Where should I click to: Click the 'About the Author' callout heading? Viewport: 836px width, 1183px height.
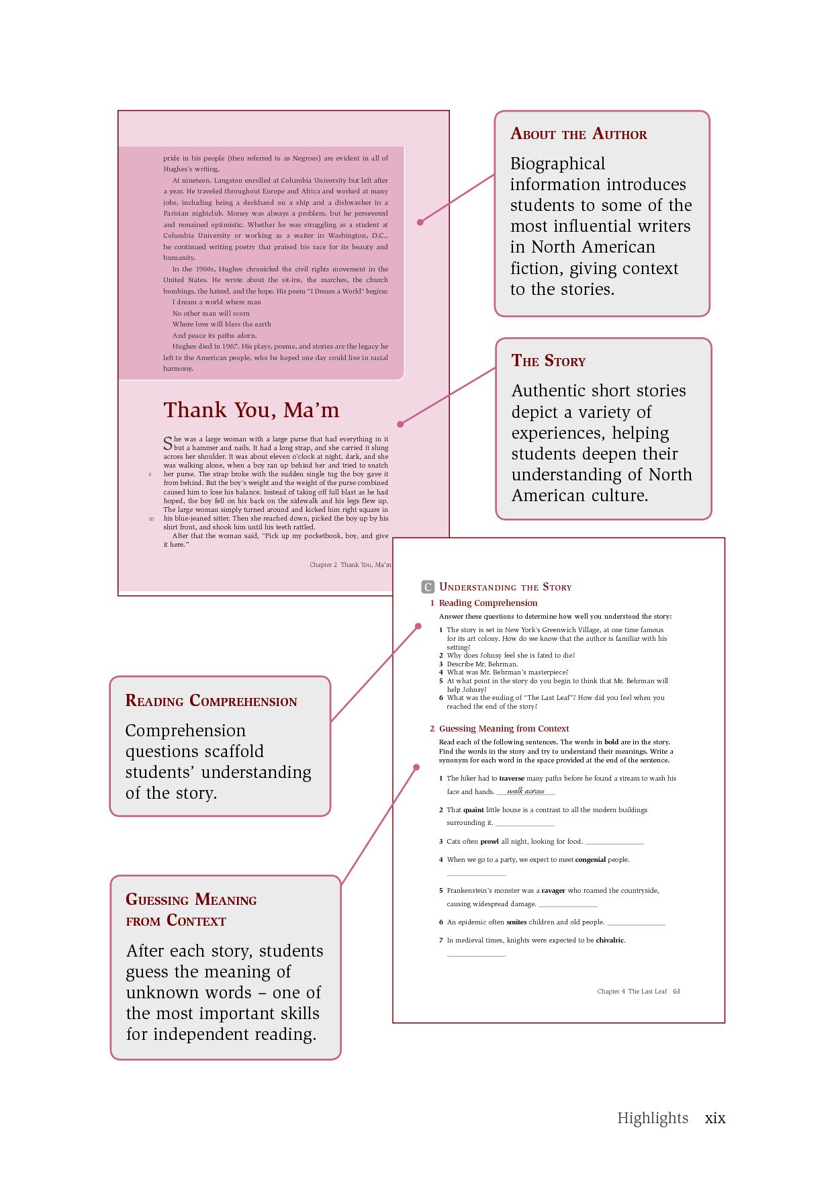click(578, 134)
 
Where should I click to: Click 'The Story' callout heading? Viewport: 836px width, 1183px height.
click(548, 361)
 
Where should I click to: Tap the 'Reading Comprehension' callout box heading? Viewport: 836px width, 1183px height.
click(211, 701)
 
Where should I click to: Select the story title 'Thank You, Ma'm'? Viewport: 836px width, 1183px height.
click(251, 410)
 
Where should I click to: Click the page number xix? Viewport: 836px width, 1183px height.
click(714, 1118)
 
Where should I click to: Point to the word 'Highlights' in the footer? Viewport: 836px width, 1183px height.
click(653, 1118)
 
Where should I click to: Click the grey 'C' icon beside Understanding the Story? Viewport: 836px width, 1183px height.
click(428, 587)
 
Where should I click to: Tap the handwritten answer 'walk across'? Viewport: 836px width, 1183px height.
click(525, 791)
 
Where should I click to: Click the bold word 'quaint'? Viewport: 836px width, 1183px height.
click(473, 810)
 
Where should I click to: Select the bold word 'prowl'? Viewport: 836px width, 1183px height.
click(489, 841)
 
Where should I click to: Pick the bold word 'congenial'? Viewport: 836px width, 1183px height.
click(590, 859)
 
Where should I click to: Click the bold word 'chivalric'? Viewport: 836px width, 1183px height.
click(610, 940)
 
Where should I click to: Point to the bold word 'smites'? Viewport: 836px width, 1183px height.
click(516, 922)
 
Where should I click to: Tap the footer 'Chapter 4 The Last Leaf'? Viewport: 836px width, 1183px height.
click(632, 992)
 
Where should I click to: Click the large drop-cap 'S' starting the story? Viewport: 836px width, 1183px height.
click(168, 443)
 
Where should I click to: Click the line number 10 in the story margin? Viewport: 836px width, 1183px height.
click(151, 519)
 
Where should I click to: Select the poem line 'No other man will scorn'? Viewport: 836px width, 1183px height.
click(211, 313)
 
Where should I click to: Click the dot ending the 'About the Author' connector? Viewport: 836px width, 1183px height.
click(420, 222)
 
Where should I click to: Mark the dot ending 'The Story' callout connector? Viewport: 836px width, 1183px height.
click(400, 424)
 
